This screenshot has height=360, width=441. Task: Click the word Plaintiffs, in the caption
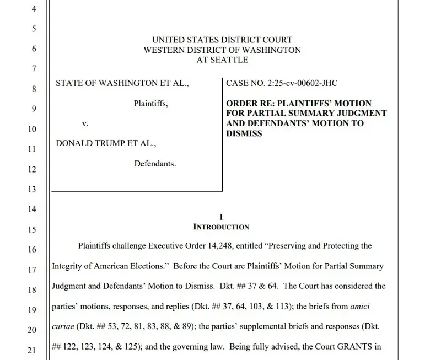[151, 103]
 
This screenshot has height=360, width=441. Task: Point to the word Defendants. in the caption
[155, 164]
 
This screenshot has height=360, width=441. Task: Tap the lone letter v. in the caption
[85, 123]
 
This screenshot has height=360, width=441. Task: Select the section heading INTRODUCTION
[221, 227]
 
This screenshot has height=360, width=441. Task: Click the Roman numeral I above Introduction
[221, 217]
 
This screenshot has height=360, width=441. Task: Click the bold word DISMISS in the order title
[244, 133]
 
